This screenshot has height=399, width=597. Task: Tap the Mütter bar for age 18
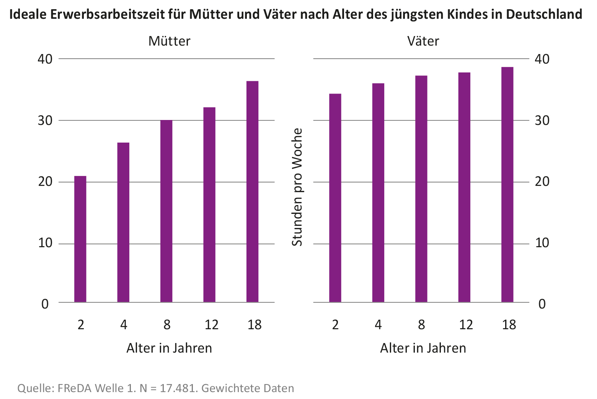253,192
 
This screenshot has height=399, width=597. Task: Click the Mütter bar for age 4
123,222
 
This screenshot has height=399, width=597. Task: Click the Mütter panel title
169,41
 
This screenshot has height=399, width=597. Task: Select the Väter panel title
423,41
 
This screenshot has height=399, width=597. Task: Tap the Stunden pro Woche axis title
297,187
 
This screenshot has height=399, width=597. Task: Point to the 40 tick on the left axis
45,59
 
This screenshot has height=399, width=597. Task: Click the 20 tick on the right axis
542,182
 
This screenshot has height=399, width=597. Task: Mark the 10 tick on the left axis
45,243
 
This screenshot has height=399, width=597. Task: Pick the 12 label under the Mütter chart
211,325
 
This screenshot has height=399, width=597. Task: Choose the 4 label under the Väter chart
378,325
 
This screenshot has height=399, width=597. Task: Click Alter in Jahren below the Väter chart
423,348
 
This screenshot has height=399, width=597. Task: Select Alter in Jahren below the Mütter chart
169,348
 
